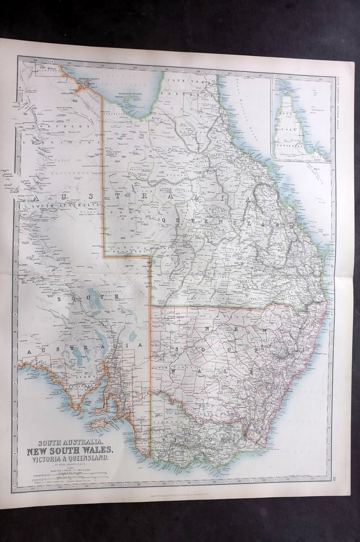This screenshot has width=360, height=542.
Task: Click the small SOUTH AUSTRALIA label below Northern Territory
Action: [x=49, y=205]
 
